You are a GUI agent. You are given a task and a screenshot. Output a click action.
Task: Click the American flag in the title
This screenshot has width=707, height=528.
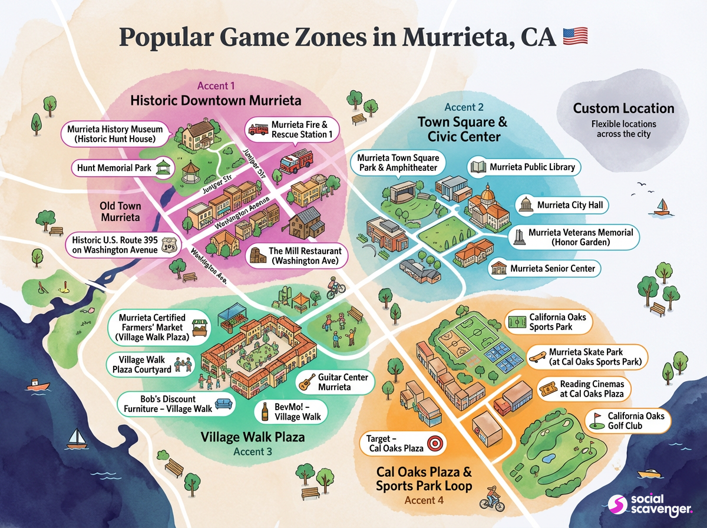click(576, 37)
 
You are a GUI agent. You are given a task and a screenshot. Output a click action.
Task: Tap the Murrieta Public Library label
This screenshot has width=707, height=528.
click(523, 167)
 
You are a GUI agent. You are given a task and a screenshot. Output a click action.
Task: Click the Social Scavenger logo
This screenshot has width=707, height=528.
click(650, 502)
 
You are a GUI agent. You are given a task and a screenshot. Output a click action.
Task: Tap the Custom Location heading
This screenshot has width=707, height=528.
click(623, 108)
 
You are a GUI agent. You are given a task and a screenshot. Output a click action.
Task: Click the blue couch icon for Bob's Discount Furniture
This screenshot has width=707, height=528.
click(223, 404)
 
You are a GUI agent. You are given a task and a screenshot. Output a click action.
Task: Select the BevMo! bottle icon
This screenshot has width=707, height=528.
click(265, 411)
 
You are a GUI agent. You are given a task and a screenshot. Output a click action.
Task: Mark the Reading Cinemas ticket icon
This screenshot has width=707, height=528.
click(548, 389)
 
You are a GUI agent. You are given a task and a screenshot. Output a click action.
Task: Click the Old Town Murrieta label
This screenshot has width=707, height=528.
click(120, 212)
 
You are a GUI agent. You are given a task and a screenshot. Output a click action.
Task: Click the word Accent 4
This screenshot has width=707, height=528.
click(424, 500)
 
